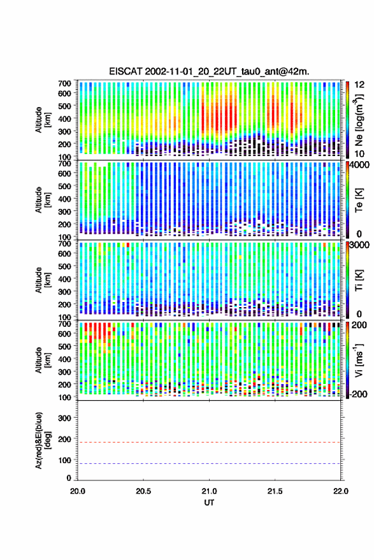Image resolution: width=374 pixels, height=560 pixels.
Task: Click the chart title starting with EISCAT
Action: (209, 71)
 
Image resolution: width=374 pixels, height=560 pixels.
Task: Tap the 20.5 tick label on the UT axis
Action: (143, 491)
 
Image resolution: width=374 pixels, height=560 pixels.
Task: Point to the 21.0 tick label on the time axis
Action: (209, 491)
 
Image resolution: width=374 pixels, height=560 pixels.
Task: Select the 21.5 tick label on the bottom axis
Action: (275, 491)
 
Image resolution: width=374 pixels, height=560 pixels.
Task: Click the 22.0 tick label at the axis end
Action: (340, 491)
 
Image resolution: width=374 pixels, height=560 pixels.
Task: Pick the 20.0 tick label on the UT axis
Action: (78, 491)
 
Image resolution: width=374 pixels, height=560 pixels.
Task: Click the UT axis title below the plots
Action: (209, 503)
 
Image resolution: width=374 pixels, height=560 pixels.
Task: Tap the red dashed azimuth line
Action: (209, 442)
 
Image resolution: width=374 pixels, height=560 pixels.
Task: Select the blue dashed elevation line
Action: (209, 463)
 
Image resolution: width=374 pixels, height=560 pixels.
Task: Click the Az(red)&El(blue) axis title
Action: (42, 440)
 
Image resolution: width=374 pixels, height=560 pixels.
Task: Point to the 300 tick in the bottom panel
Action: (64, 418)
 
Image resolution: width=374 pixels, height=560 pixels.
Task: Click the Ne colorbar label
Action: (359, 120)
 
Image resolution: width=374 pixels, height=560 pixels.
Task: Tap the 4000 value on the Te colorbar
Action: (360, 164)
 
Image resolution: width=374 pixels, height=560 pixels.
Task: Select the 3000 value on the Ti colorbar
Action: (360, 245)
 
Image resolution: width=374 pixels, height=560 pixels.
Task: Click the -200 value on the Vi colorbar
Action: (357, 394)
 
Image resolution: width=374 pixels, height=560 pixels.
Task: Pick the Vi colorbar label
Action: (359, 360)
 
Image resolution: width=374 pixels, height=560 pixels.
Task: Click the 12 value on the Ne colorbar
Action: (360, 85)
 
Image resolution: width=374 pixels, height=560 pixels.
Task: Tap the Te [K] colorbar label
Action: (359, 200)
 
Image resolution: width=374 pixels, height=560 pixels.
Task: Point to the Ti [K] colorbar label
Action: (359, 280)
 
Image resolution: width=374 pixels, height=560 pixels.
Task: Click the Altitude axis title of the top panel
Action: (42, 120)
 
